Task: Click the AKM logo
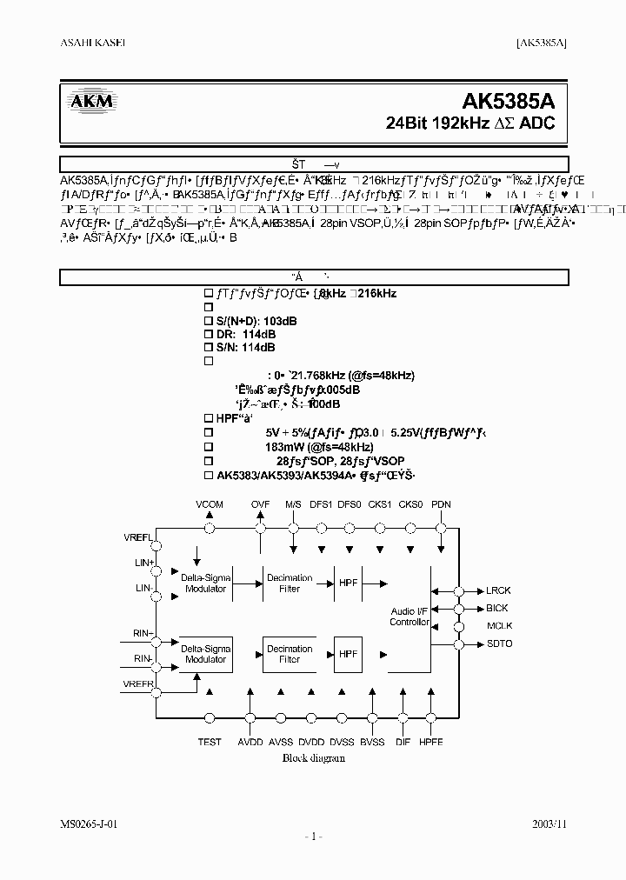pos(92,103)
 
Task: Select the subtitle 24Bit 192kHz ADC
pos(469,123)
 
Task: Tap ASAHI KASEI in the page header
pos(93,43)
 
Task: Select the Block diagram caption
pos(313,757)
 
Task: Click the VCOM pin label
pos(210,504)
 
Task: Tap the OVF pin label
pos(261,504)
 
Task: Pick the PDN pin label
pos(441,504)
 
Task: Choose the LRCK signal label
pos(497,590)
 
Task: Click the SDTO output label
pos(499,643)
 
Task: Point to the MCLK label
pos(498,626)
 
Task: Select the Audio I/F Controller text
pos(410,617)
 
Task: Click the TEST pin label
pos(210,742)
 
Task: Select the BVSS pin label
pos(372,742)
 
